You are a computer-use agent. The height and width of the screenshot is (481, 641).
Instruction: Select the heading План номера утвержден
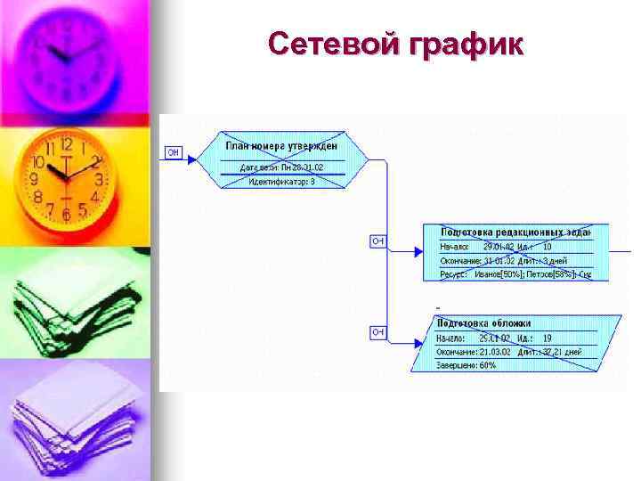point(281,146)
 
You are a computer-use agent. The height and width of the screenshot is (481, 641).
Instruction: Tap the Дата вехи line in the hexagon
point(281,167)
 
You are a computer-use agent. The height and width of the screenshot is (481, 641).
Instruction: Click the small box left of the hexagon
point(174,153)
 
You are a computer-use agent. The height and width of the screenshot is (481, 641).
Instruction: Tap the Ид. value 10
point(548,247)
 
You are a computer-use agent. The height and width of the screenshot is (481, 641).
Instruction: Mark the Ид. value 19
point(548,338)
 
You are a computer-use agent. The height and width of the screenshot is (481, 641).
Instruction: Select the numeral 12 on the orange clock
point(66,144)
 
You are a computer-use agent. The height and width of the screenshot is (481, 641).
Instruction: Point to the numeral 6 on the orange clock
point(64,215)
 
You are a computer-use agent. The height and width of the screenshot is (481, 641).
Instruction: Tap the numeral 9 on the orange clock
point(34,179)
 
